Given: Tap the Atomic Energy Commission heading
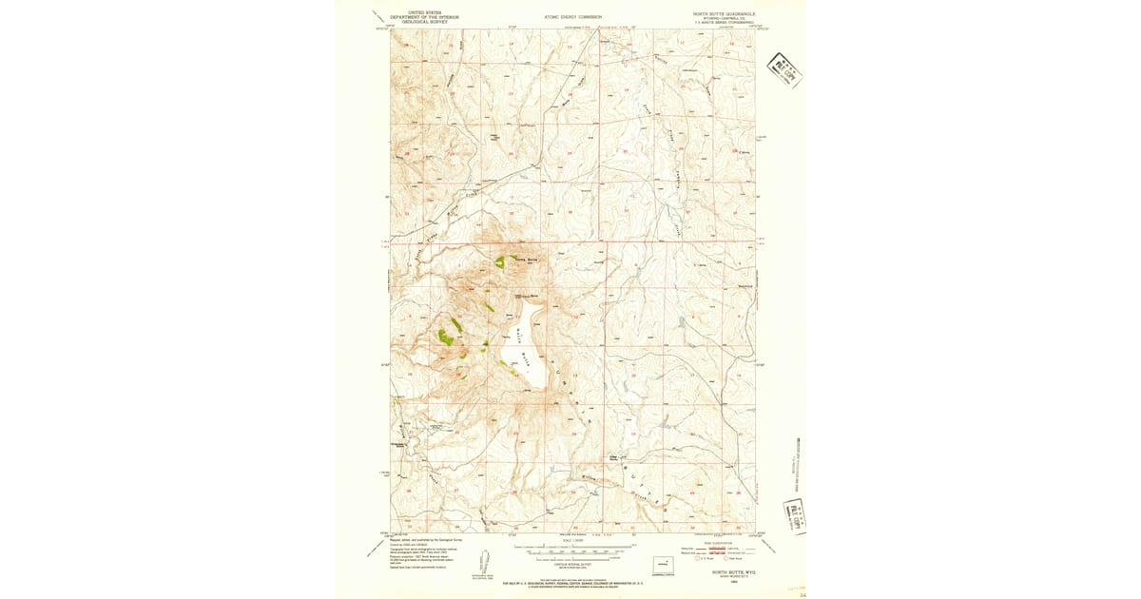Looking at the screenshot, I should (573, 16).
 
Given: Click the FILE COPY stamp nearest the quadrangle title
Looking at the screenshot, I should (784, 70).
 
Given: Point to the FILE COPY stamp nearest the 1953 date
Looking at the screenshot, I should (794, 517).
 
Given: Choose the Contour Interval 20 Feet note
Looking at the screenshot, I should (572, 563).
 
